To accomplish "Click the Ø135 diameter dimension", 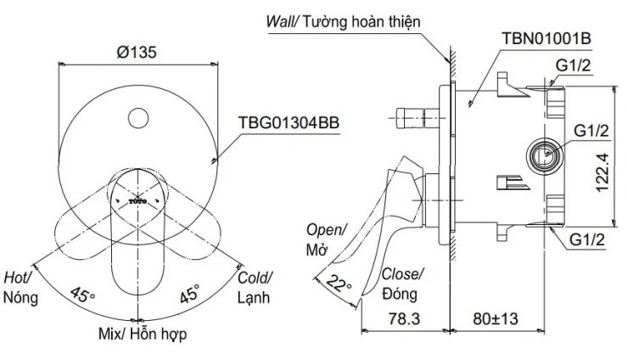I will pyautogui.click(x=137, y=51).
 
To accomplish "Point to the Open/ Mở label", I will pyautogui.click(x=327, y=239).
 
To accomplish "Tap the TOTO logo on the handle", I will pyautogui.click(x=137, y=201).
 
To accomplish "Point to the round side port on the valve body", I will pyautogui.click(x=543, y=154).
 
